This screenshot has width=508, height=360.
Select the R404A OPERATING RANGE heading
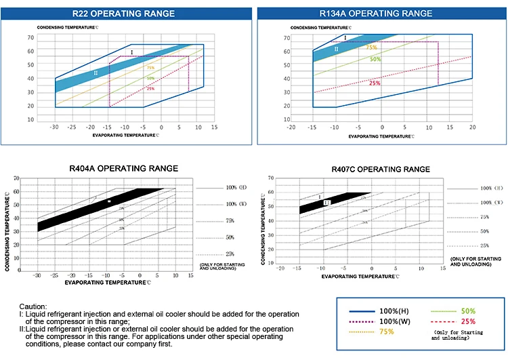point(123,168)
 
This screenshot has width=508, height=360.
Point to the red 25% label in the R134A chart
point(375,83)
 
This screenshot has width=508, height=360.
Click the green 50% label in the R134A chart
point(375,59)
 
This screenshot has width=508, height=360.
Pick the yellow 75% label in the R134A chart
point(371,47)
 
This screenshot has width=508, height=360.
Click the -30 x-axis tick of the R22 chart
point(55,127)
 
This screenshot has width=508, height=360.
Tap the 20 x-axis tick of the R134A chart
point(472,127)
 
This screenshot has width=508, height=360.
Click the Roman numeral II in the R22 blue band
point(96,73)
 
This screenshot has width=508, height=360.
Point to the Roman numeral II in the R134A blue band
point(336,49)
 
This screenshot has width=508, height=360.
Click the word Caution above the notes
point(33,306)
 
